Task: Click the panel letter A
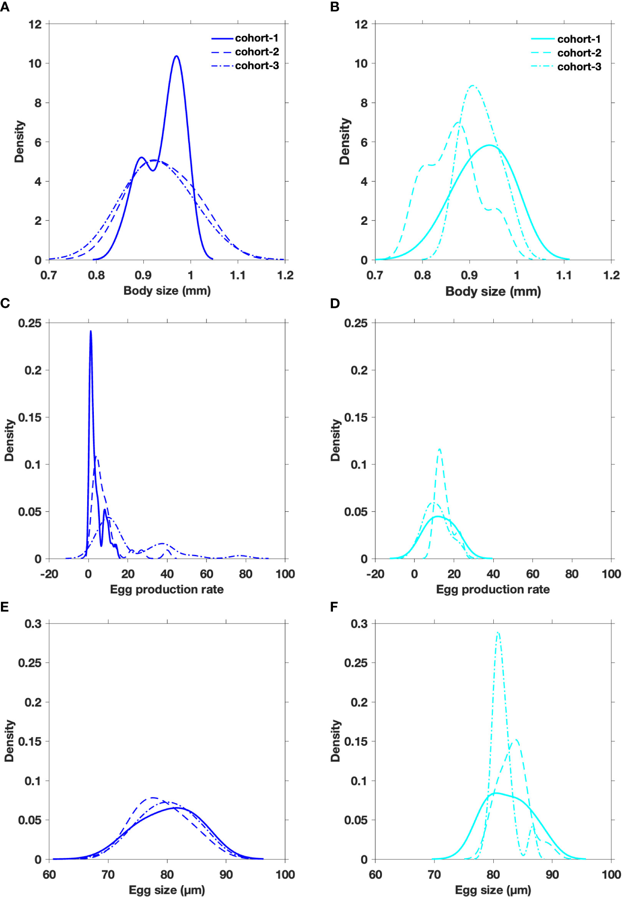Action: pyautogui.click(x=5, y=7)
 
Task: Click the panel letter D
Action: pyautogui.click(x=335, y=304)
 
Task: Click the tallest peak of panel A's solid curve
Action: pyautogui.click(x=176, y=57)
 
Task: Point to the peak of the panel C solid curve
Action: pyautogui.click(x=91, y=331)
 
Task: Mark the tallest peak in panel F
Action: pyautogui.click(x=498, y=633)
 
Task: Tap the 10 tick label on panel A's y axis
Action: pyautogui.click(x=35, y=64)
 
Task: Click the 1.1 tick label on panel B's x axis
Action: pyautogui.click(x=564, y=275)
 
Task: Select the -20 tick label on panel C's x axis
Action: pyautogui.click(x=49, y=574)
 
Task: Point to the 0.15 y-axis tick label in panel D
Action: pyautogui.click(x=356, y=418)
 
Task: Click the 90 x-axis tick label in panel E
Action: pyautogui.click(x=226, y=875)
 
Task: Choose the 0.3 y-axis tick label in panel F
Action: pyautogui.click(x=359, y=624)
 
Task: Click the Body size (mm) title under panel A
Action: pyautogui.click(x=167, y=291)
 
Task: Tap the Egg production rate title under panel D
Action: pyautogui.click(x=493, y=590)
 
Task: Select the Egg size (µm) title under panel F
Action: pyautogui.click(x=493, y=890)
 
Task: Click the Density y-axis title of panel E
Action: pyautogui.click(x=9, y=741)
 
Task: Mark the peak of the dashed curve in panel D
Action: pyautogui.click(x=440, y=449)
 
